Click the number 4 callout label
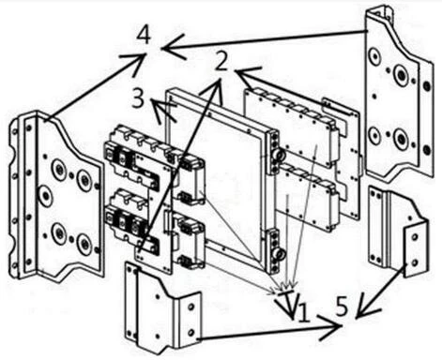[x=144, y=37]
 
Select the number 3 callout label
[x=138, y=97]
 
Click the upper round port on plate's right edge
[x=278, y=150]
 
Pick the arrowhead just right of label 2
[x=241, y=71]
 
